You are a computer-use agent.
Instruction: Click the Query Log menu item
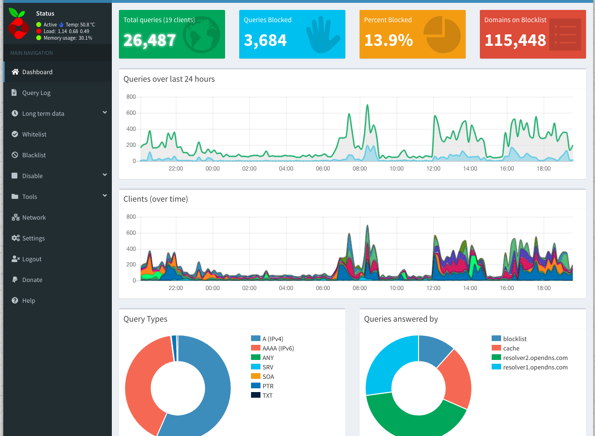(x=36, y=93)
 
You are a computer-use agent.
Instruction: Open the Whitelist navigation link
(x=34, y=135)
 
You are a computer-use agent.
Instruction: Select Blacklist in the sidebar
(x=34, y=155)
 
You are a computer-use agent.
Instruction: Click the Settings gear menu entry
(x=33, y=239)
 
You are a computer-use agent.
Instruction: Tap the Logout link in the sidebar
(x=32, y=259)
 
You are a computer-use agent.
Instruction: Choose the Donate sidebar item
(x=32, y=280)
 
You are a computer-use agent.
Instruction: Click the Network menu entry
(x=34, y=218)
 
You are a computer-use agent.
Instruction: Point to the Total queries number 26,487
(x=150, y=40)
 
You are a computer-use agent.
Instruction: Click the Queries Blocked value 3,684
(x=265, y=40)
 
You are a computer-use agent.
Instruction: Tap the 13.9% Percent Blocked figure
(x=388, y=40)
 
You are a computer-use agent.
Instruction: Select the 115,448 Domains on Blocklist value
(x=515, y=40)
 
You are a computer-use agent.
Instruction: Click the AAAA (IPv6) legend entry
(x=278, y=348)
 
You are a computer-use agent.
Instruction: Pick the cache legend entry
(x=511, y=348)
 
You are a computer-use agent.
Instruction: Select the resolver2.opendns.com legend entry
(x=535, y=358)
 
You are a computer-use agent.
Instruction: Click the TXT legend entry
(x=267, y=395)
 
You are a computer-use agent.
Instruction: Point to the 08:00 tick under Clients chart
(x=360, y=288)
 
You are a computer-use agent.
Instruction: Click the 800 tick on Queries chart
(x=131, y=97)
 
